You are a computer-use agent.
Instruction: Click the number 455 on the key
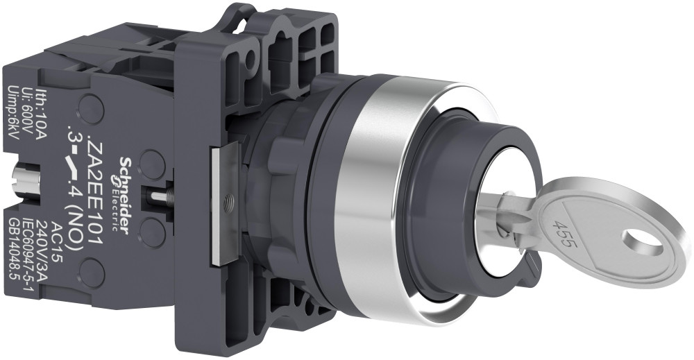coord(562,232)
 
